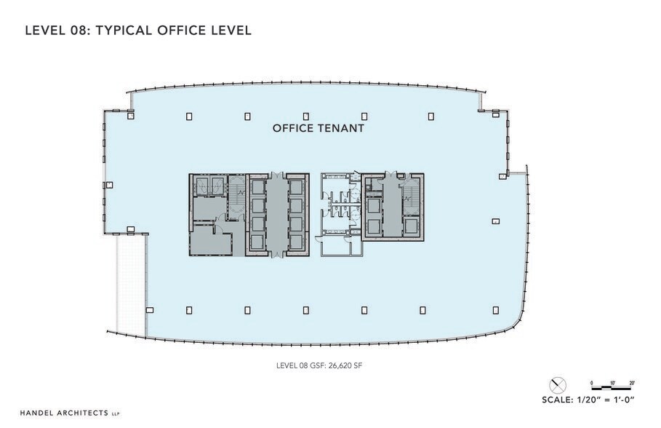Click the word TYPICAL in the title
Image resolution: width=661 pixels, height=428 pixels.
pyautogui.click(x=126, y=31)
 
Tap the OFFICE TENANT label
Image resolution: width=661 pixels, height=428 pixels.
pyautogui.click(x=318, y=128)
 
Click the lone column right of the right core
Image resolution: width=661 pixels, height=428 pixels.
pyautogui.click(x=495, y=221)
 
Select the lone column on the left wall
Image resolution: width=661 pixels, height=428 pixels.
pyautogui.click(x=109, y=185)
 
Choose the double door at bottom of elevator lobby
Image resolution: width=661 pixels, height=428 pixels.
pyautogui.click(x=276, y=255)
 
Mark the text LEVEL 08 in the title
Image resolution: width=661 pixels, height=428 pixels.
pyautogui.click(x=51, y=31)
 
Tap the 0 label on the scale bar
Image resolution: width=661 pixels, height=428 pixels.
pyautogui.click(x=592, y=382)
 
